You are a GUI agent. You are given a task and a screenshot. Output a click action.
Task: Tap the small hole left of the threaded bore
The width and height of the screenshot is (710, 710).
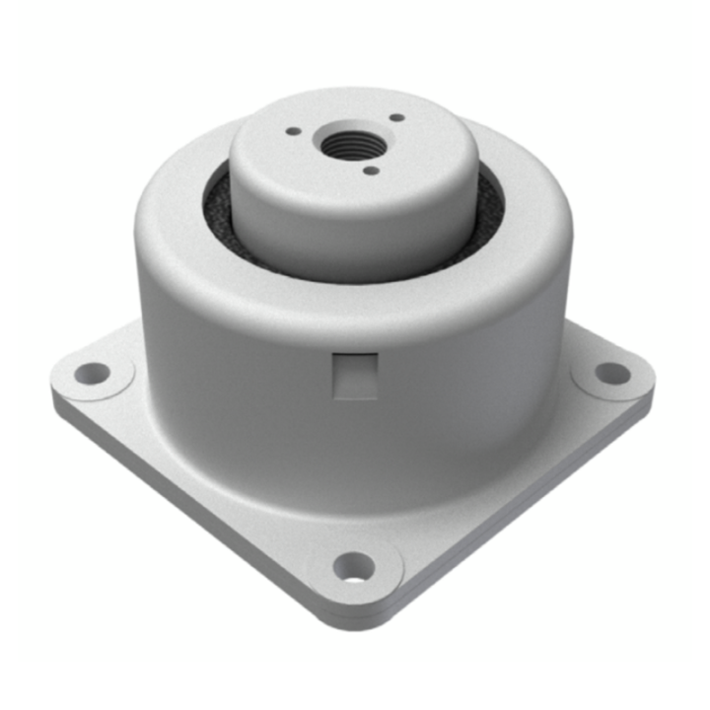(x=292, y=129)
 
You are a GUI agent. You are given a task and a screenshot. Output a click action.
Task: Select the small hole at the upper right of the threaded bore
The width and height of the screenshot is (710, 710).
(x=395, y=117)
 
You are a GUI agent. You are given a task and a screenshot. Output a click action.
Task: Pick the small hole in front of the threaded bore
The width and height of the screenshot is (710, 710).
(x=371, y=171)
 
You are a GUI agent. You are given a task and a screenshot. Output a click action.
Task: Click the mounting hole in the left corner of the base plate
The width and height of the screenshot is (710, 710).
(x=93, y=373)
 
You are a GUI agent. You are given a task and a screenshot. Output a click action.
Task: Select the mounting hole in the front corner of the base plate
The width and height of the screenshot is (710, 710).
(x=354, y=567)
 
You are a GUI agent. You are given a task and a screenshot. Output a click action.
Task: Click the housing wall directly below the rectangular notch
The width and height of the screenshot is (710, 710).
(x=355, y=444)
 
